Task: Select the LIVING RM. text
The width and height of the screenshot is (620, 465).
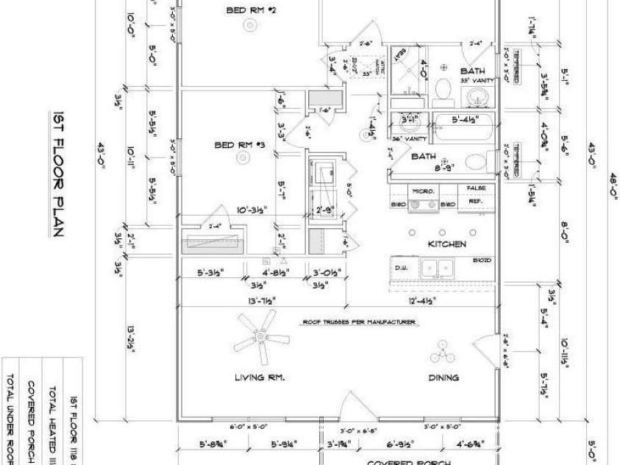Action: (x=260, y=377)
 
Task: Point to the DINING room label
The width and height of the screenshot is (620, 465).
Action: (x=443, y=377)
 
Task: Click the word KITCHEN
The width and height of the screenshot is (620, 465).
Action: (x=448, y=244)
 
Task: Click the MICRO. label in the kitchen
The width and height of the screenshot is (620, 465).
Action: (x=427, y=191)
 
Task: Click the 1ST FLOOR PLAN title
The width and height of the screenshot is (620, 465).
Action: (x=60, y=177)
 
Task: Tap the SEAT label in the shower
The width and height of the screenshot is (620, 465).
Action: (x=402, y=54)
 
